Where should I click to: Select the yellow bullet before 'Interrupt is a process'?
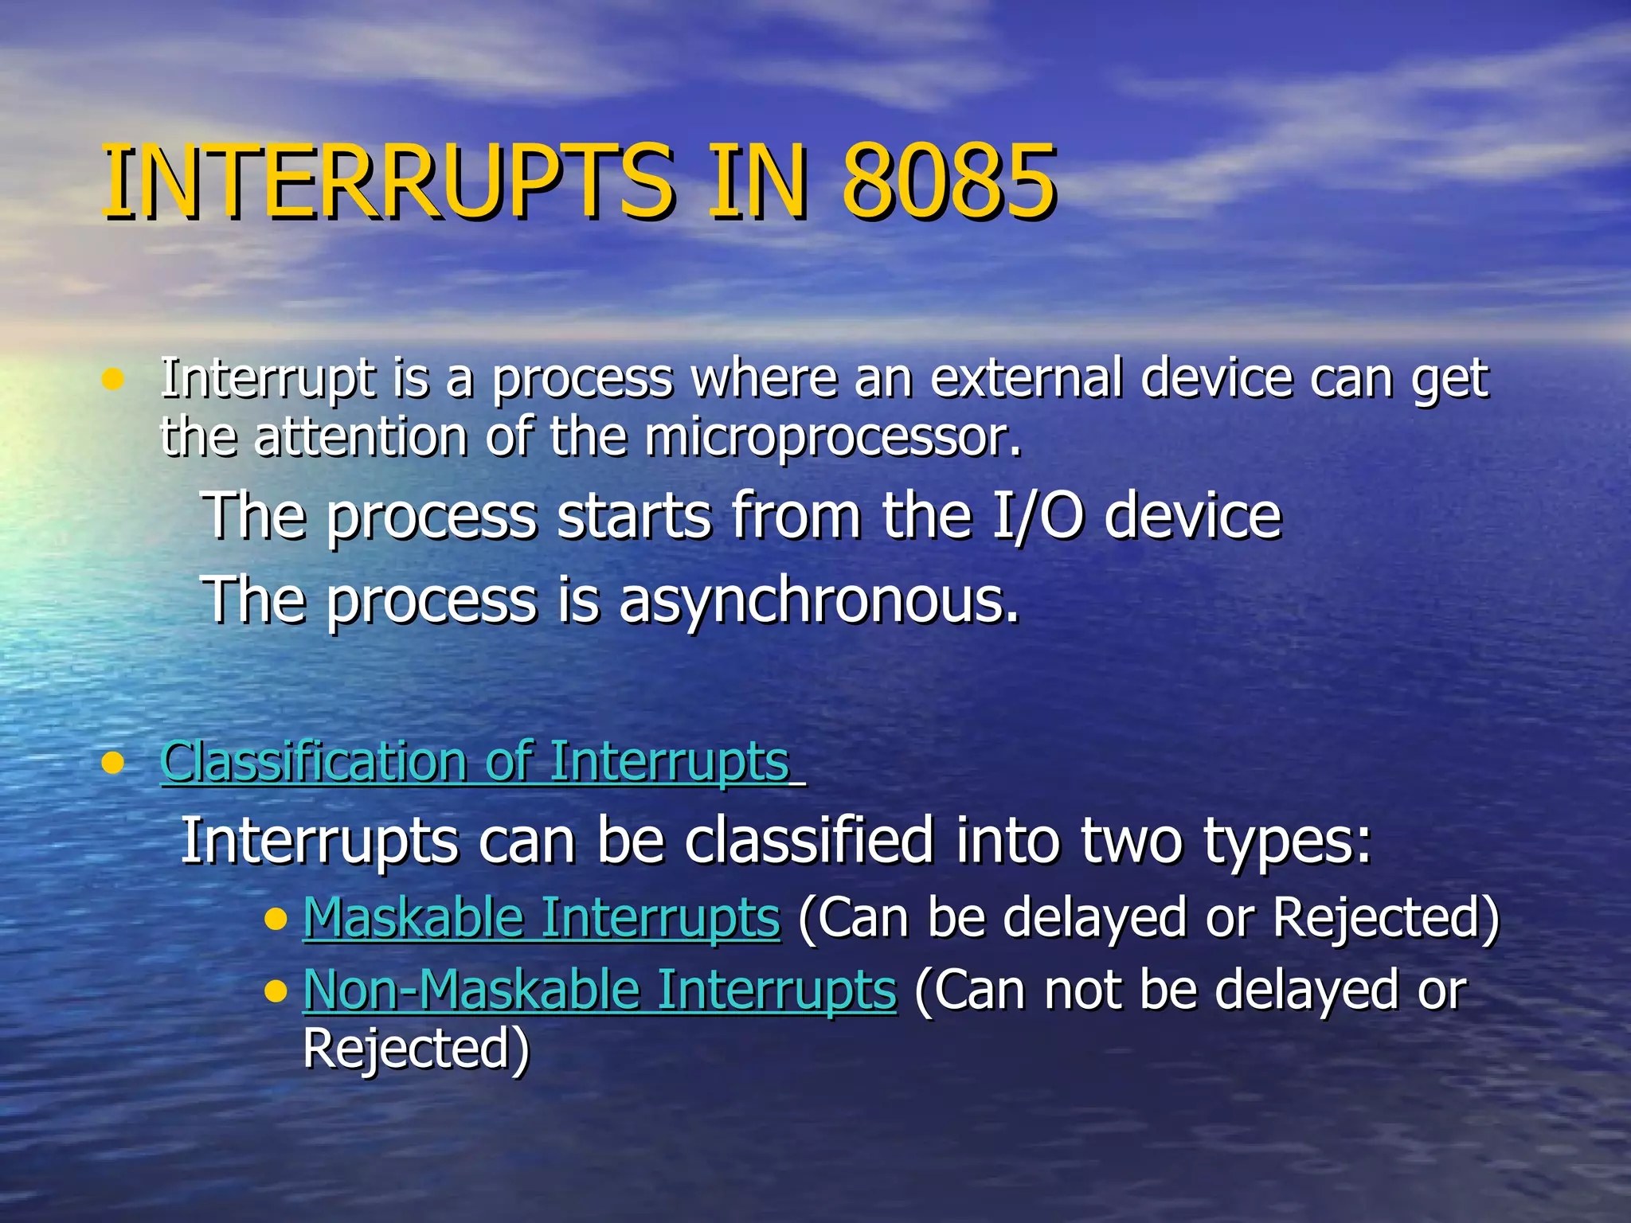tap(114, 380)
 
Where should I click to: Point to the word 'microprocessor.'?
tap(832, 439)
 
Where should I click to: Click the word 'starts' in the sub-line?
tap(634, 516)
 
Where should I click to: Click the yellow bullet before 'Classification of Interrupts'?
tap(114, 763)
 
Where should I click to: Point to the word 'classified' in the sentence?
tap(808, 841)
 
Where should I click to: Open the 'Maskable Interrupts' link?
tap(542, 918)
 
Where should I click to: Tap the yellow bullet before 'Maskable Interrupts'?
tap(276, 920)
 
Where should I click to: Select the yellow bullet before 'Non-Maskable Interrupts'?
tap(276, 992)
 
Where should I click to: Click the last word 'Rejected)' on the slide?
tap(417, 1049)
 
